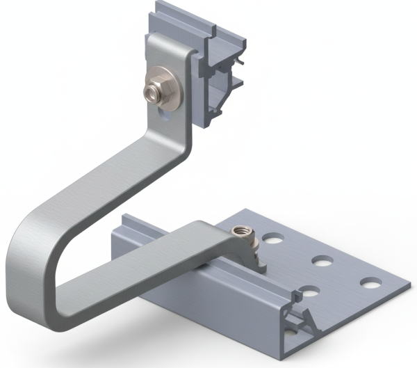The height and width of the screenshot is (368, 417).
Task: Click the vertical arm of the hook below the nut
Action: click(x=167, y=139)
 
